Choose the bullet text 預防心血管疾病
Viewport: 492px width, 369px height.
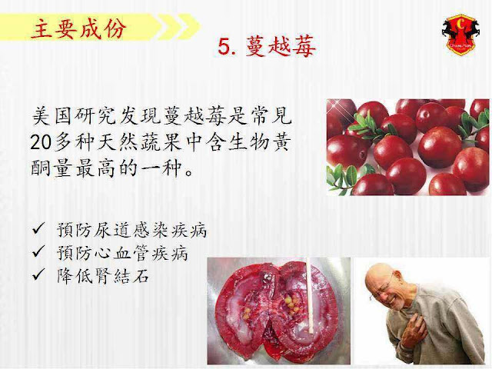point(122,253)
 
